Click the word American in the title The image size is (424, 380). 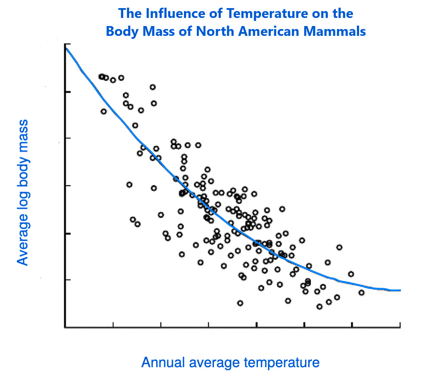coord(266,32)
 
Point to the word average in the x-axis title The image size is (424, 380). coord(213,362)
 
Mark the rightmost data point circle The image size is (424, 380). coord(362,292)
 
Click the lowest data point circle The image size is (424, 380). coord(319,307)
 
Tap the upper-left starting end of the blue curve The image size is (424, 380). coord(66,49)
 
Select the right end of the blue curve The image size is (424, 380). coord(400,290)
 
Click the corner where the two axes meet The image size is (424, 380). coord(65,327)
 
